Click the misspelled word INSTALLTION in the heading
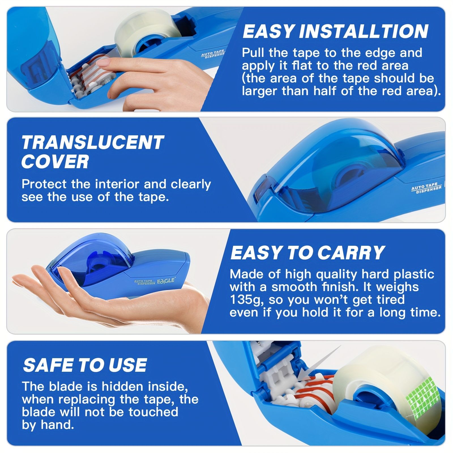(364, 31)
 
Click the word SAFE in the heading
(48, 365)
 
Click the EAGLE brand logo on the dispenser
(166, 281)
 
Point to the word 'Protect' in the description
(45, 184)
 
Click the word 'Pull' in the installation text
(253, 53)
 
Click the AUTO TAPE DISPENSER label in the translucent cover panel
(426, 188)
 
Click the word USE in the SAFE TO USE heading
(127, 365)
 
